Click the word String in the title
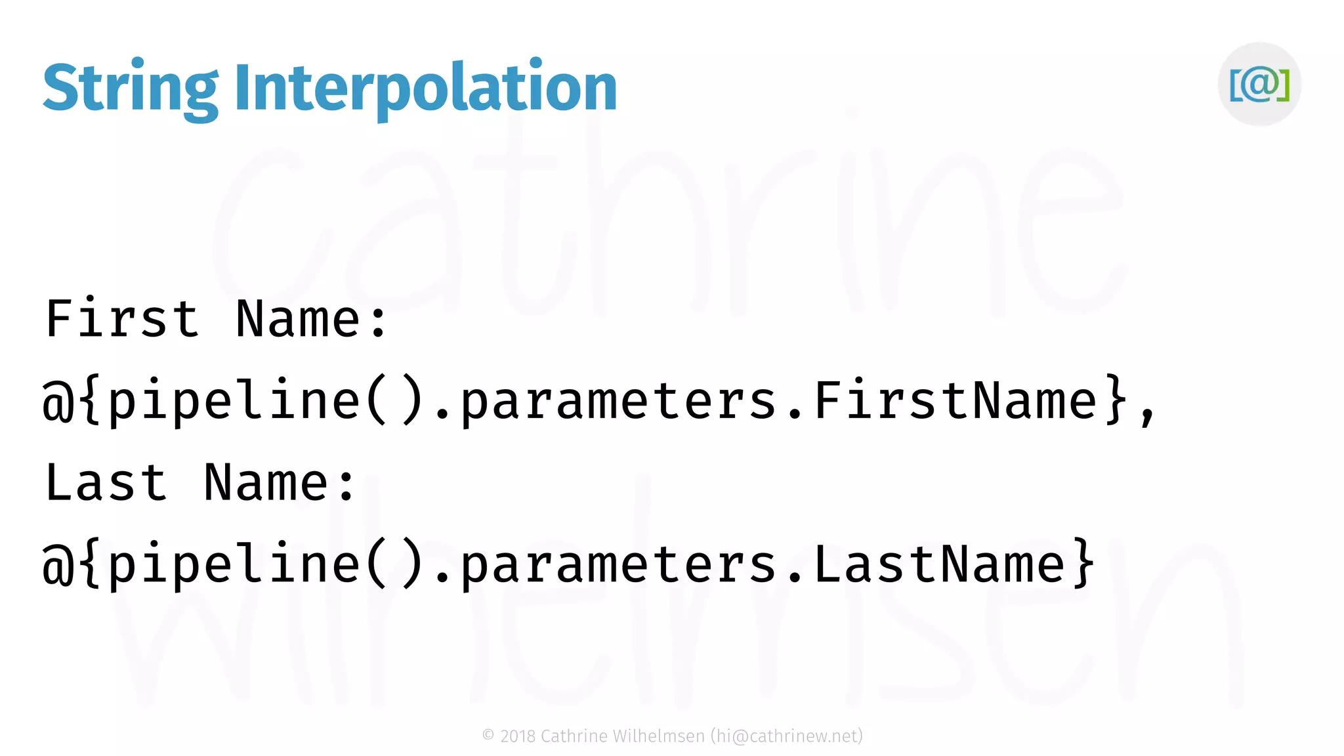pos(130,89)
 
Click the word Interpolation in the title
pos(425,89)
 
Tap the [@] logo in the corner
pos(1259,85)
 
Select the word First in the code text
pos(122,319)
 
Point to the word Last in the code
pos(106,483)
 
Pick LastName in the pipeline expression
pos(939,564)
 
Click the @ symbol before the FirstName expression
pos(58,402)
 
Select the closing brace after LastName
pos(1083,564)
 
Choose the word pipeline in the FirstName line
pos(234,402)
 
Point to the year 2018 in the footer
pos(518,736)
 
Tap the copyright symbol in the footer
pos(488,736)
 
